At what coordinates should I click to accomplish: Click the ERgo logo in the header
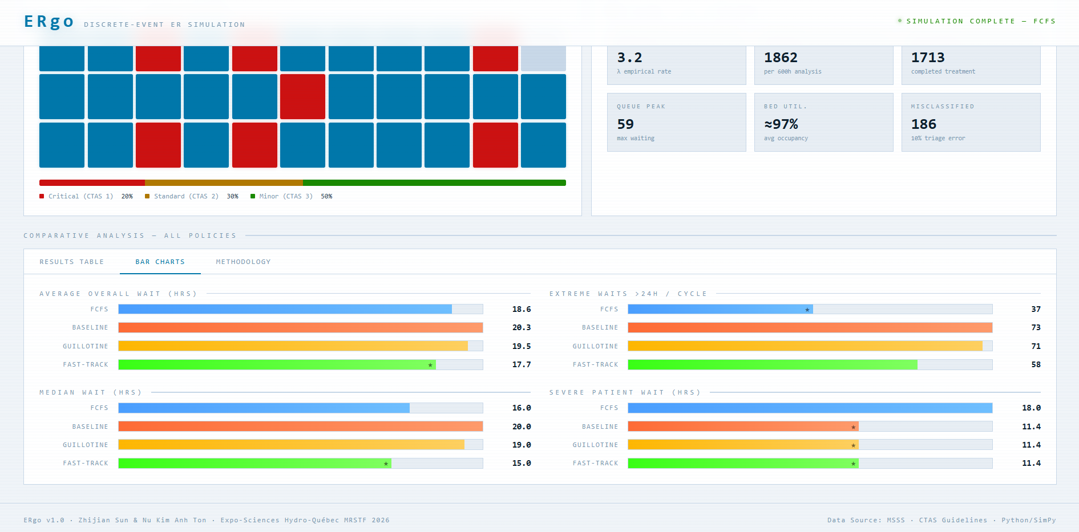[x=49, y=22]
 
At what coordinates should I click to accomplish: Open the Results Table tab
[x=72, y=262]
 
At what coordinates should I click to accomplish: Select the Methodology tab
[x=243, y=262]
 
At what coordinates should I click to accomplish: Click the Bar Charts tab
[x=160, y=262]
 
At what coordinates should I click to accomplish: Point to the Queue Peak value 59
[x=625, y=124]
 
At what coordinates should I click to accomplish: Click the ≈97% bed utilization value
[x=781, y=124]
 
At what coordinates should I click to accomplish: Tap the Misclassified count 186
[x=924, y=124]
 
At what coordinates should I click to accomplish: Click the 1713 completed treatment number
[x=928, y=58]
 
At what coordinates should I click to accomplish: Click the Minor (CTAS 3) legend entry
[x=281, y=196]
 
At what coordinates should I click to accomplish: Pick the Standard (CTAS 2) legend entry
[x=181, y=196]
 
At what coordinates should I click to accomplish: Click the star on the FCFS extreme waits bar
[x=807, y=310]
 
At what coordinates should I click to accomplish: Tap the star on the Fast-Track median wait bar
[x=386, y=464]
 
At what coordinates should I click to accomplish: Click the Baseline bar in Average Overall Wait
[x=301, y=327]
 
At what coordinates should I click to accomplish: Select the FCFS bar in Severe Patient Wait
[x=810, y=408]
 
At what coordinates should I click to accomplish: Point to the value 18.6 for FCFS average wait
[x=522, y=309]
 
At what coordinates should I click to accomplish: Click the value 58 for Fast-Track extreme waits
[x=1036, y=364]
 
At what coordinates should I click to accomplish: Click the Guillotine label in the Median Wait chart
[x=86, y=445]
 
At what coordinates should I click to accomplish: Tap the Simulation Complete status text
[x=981, y=21]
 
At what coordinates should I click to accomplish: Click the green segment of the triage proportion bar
[x=434, y=182]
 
